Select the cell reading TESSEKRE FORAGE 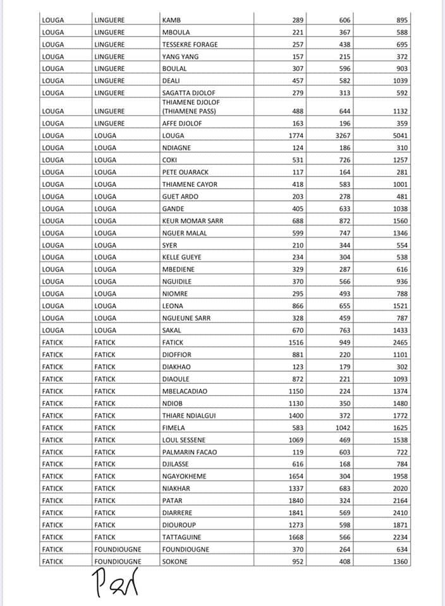[x=190, y=44]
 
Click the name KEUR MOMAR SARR [x=193, y=220]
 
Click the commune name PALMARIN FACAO [x=189, y=452]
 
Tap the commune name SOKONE [x=175, y=561]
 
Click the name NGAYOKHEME [x=185, y=477]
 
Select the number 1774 [x=295, y=136]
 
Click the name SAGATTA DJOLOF [x=188, y=93]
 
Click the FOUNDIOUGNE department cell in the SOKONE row [x=118, y=561]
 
